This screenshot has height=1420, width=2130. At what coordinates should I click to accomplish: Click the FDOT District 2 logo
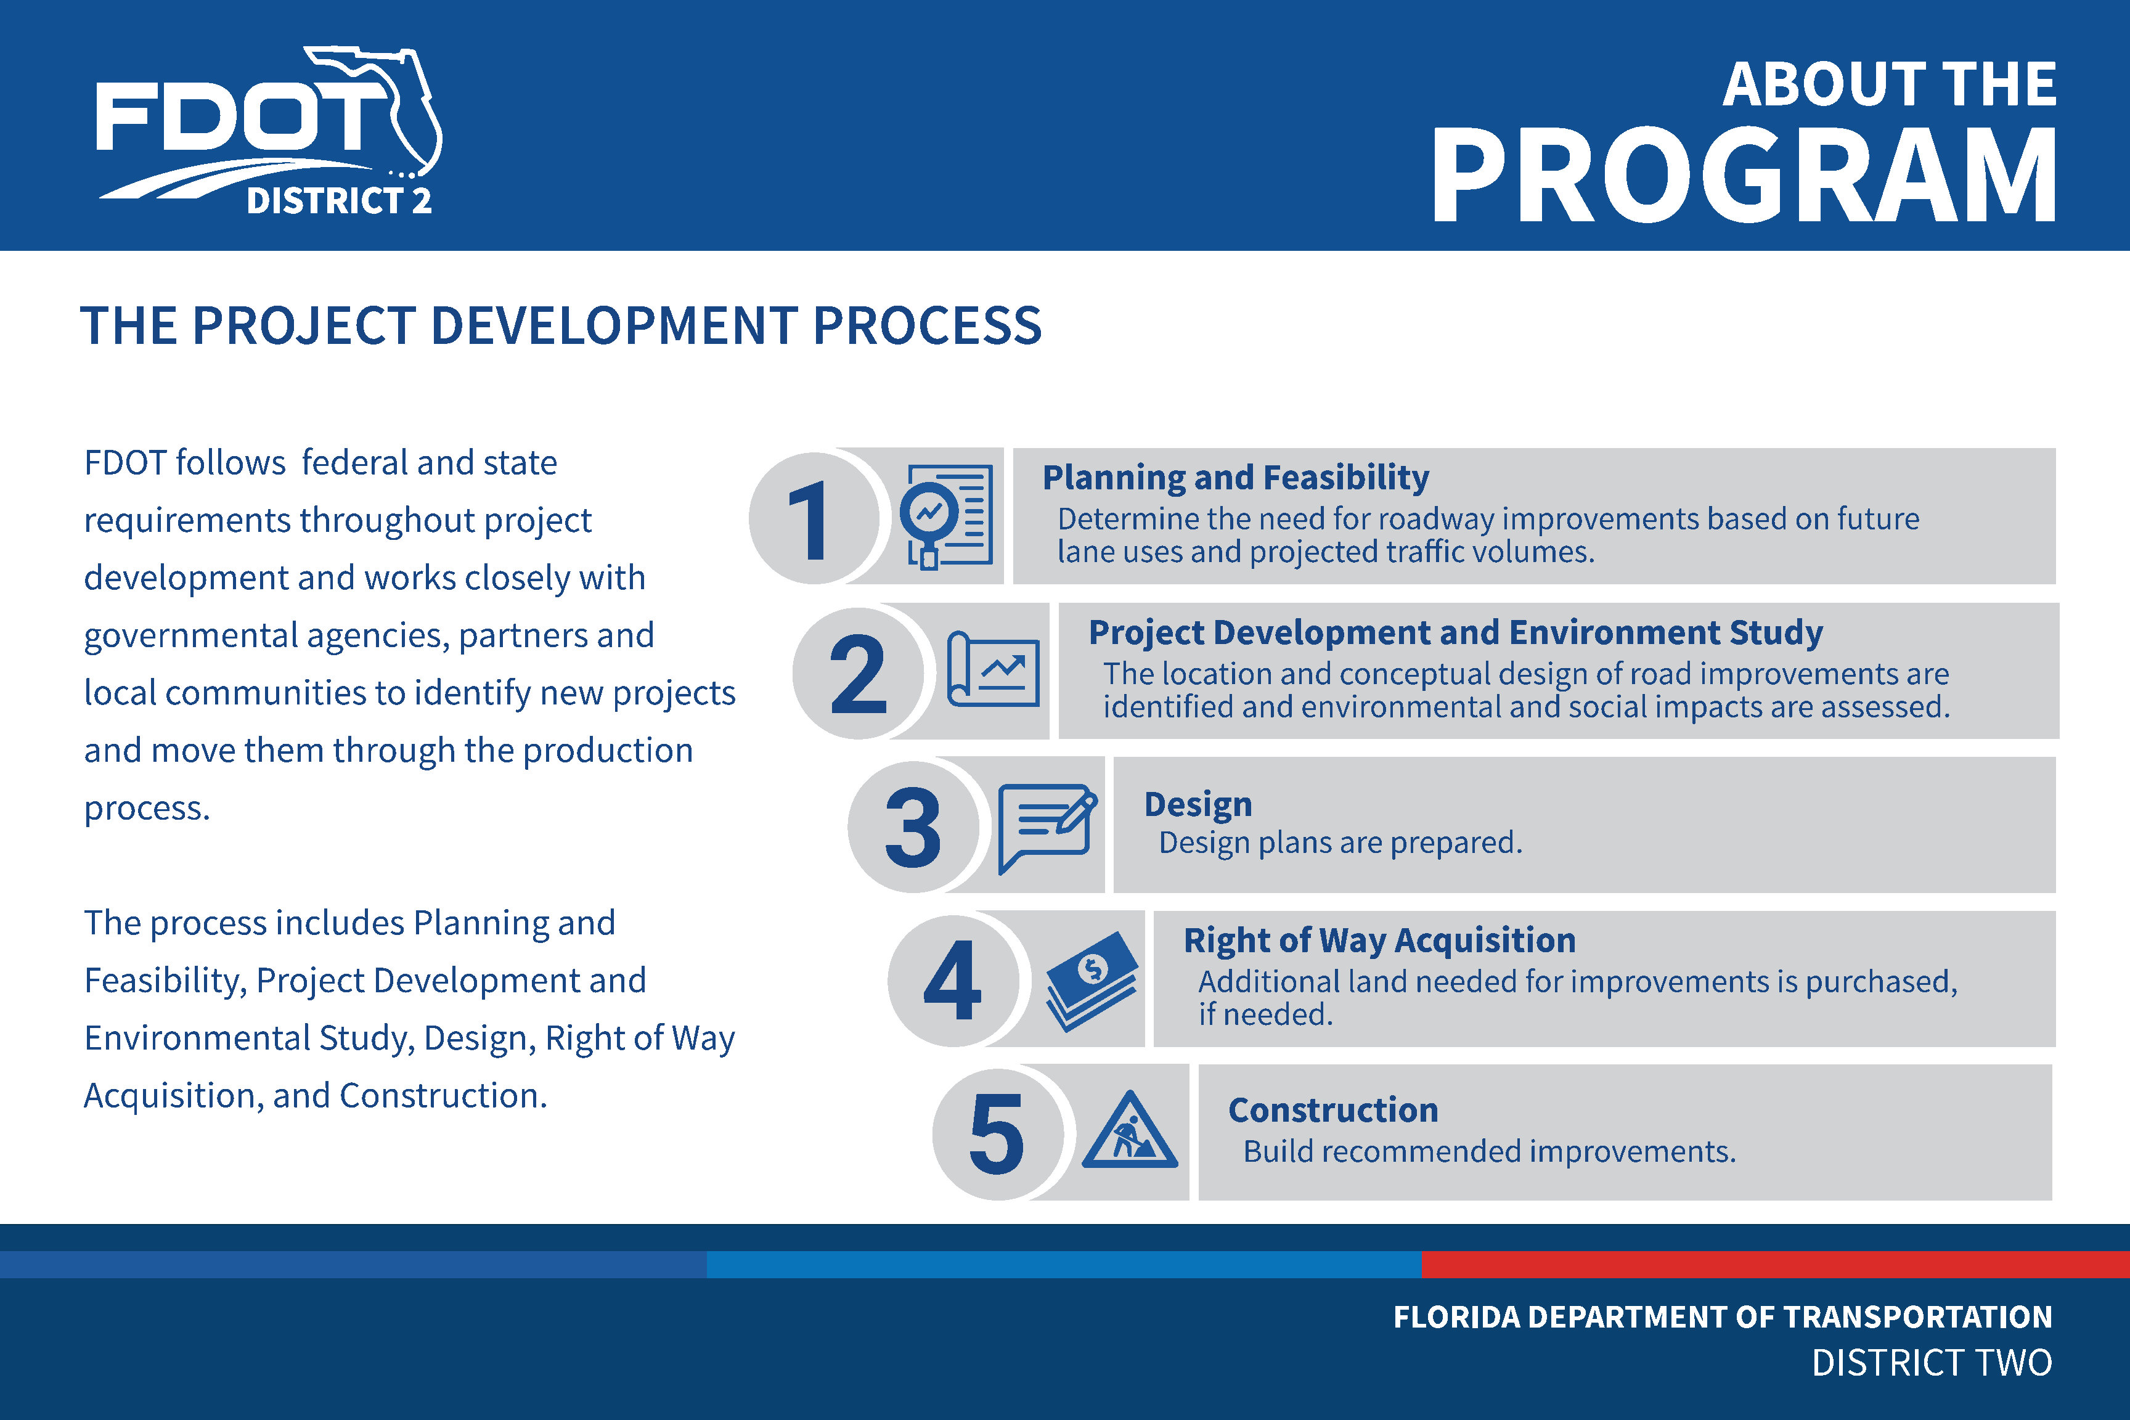[x=269, y=131]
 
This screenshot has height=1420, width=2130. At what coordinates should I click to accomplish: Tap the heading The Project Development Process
[x=561, y=325]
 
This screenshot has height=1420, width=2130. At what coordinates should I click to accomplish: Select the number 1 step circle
[x=814, y=518]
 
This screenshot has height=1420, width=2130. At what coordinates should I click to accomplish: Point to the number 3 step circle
[x=913, y=826]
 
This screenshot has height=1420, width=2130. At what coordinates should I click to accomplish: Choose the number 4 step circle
[x=953, y=981]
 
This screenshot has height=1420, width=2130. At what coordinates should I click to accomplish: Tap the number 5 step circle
[x=998, y=1134]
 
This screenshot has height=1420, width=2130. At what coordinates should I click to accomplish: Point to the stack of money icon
[x=1092, y=981]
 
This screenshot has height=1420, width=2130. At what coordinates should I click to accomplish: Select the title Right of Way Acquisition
[x=1379, y=940]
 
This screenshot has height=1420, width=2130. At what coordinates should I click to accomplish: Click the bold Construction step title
[x=1333, y=1110]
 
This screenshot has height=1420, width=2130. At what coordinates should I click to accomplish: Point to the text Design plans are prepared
[x=1340, y=843]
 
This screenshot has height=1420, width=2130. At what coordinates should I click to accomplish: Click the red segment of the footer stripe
[x=1775, y=1264]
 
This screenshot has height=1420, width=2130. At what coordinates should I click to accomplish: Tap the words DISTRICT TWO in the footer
[x=1932, y=1363]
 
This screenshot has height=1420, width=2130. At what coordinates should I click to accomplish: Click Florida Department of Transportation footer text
[x=1723, y=1316]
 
